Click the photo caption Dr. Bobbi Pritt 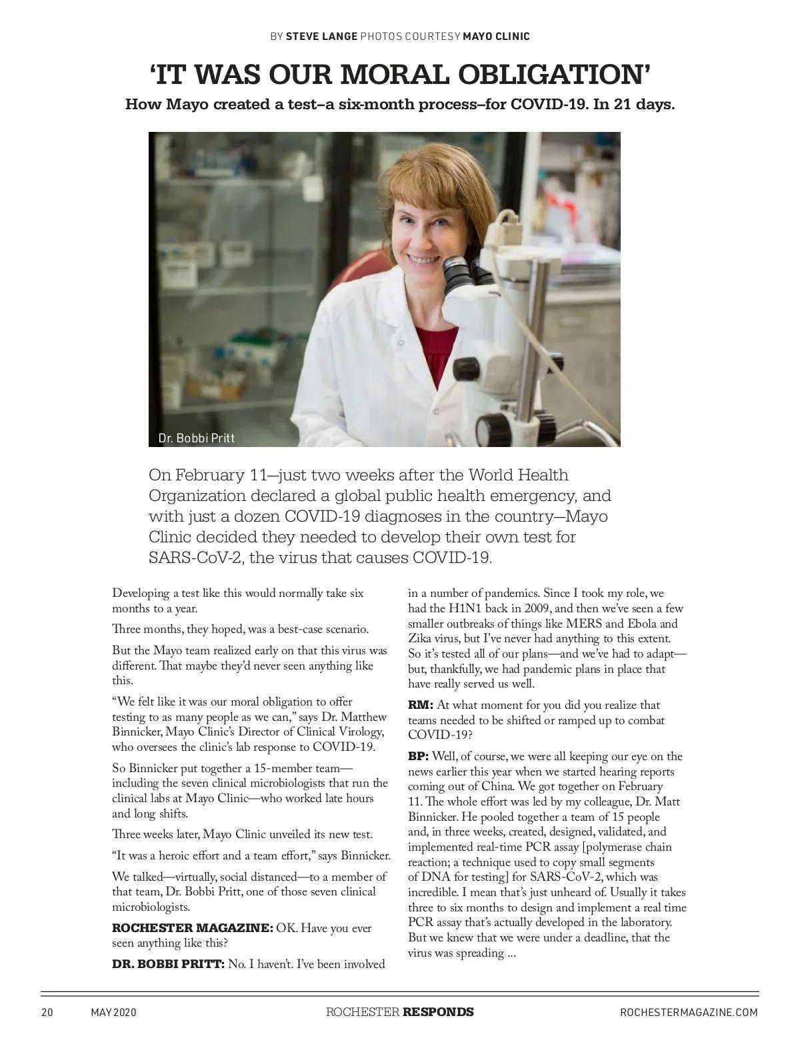196,438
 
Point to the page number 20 47,1012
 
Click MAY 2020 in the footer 113,1012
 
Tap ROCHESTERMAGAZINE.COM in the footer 689,1012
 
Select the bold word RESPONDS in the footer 438,1012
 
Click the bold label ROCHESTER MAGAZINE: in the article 192,928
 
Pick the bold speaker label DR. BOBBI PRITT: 168,964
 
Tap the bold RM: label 421,705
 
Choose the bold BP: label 419,756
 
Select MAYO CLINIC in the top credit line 496,36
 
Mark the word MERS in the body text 584,624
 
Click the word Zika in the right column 420,639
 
